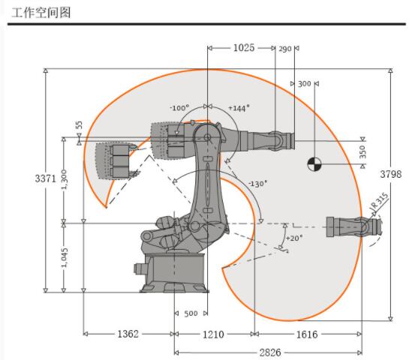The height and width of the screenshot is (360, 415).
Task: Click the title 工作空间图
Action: (x=41, y=13)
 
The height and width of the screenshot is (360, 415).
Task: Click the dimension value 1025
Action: (x=244, y=48)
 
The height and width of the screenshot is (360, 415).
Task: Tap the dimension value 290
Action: (x=284, y=49)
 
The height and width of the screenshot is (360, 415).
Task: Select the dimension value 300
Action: (x=305, y=84)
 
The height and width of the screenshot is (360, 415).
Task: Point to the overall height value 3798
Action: (x=391, y=174)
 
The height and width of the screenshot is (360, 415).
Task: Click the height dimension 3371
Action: (x=46, y=178)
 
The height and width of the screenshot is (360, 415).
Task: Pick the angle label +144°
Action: (x=239, y=108)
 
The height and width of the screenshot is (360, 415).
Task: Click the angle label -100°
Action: (x=179, y=108)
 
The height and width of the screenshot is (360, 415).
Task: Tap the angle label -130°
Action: (x=258, y=183)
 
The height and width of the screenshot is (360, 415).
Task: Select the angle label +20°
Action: (x=293, y=238)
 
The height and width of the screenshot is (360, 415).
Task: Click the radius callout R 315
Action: (x=379, y=200)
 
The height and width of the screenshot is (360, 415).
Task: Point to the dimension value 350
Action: (x=362, y=151)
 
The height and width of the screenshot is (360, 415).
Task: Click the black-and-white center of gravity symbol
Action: (x=314, y=164)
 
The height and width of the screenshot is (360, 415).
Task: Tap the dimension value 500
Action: (x=191, y=313)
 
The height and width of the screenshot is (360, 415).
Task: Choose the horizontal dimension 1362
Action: (x=128, y=334)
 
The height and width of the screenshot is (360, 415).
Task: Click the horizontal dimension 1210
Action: (x=213, y=334)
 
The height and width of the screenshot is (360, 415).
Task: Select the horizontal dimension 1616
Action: (x=307, y=334)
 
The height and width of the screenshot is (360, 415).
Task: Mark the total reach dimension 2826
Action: (x=270, y=352)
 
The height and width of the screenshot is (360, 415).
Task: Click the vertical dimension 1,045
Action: (x=65, y=257)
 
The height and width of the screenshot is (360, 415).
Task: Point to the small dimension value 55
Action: (x=79, y=124)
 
